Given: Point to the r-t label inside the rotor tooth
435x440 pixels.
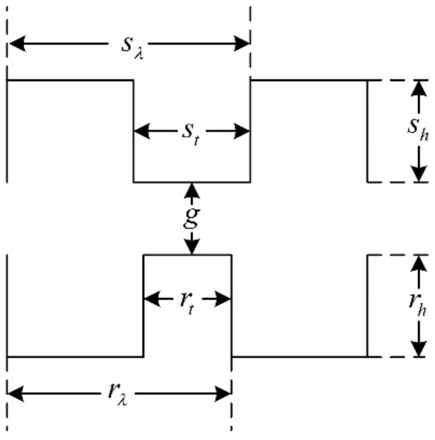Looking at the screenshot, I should [187, 302].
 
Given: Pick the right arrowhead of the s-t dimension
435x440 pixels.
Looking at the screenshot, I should [242, 131].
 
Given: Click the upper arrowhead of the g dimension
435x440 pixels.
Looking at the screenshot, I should [192, 190].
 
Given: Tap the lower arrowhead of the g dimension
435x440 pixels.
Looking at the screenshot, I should [192, 247].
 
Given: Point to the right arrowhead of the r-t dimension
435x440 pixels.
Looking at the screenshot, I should [223, 299].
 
